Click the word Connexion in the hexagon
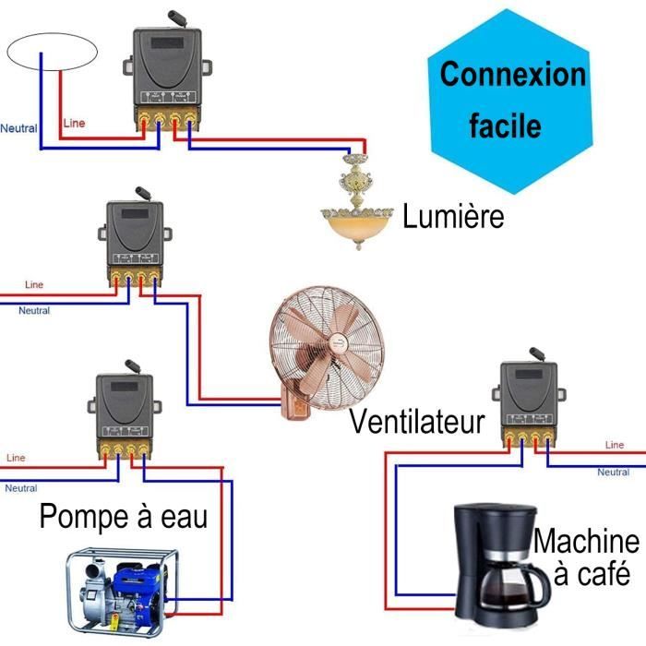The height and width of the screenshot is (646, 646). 512,74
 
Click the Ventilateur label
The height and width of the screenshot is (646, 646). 417,423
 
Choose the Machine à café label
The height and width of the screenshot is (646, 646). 587,557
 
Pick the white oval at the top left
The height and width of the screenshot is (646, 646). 52,52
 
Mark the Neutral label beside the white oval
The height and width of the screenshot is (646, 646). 18,128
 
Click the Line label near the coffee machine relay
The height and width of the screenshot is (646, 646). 615,445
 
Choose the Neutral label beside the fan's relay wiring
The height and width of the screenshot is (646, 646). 34,311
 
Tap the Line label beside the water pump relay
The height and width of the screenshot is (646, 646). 16,457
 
